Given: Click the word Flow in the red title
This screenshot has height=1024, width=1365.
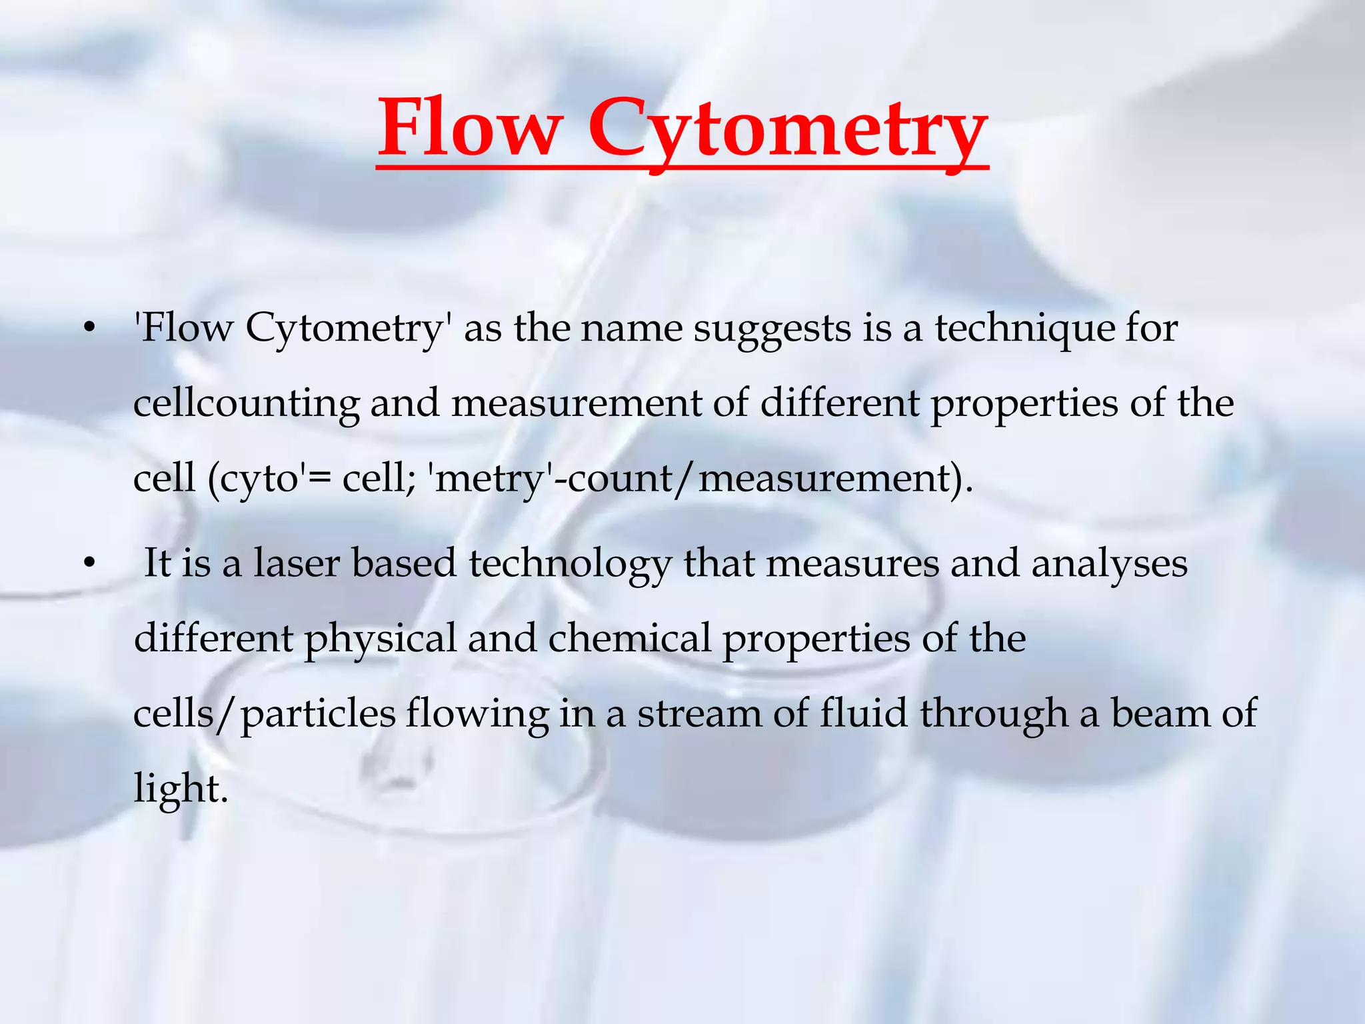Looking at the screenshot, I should click(469, 128).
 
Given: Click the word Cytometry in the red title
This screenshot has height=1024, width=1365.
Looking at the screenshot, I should click(786, 130).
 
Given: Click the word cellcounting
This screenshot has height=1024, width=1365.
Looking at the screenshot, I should click(246, 404).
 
